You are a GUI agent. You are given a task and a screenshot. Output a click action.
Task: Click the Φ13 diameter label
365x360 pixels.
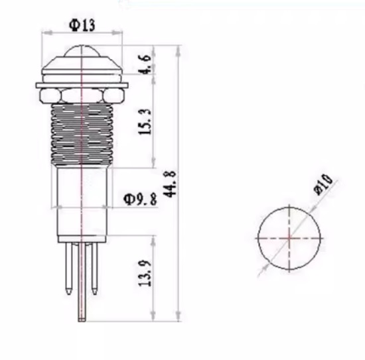(x=82, y=25)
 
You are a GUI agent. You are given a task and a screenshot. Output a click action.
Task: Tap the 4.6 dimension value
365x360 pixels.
(x=146, y=64)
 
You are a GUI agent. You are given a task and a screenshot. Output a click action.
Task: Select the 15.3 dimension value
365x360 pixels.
(x=145, y=121)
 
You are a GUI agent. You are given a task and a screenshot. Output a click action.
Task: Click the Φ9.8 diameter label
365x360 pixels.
(x=140, y=200)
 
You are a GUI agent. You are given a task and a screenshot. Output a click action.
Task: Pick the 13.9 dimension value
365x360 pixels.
(x=145, y=273)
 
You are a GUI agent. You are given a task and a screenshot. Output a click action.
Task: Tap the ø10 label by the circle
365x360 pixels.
(x=324, y=184)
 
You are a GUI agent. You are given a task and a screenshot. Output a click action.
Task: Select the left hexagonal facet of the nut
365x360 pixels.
(x=50, y=96)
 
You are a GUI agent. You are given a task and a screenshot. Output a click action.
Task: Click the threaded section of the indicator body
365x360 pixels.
(x=82, y=135)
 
